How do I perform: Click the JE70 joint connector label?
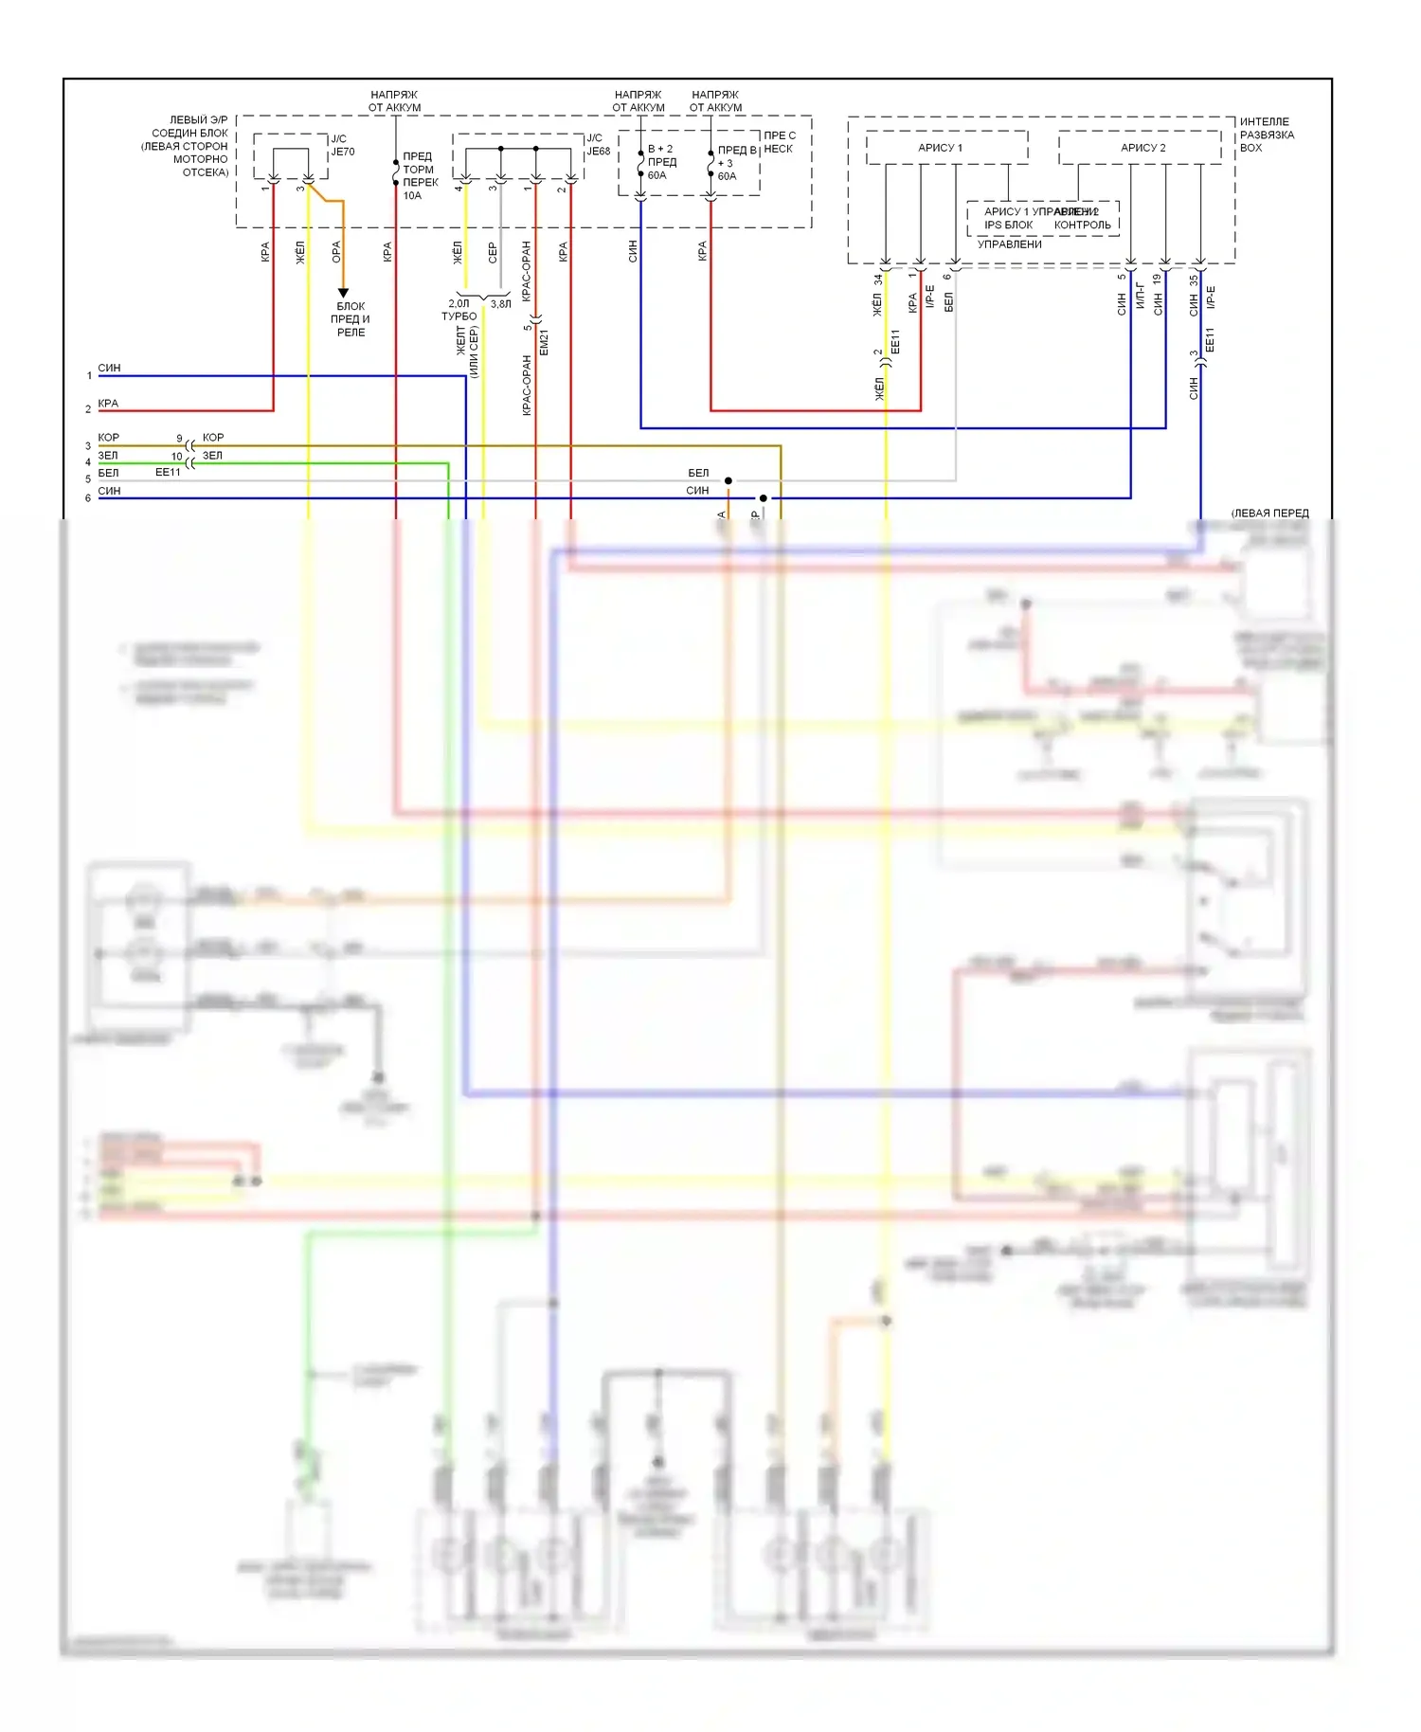click(x=342, y=152)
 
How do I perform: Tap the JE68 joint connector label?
click(x=598, y=152)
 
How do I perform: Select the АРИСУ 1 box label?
click(x=940, y=148)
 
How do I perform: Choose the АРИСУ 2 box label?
click(x=1142, y=148)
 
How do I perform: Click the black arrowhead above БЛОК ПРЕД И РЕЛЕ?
click(x=343, y=293)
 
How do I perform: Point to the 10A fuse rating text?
click(x=412, y=196)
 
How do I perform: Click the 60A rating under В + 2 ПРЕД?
click(x=657, y=175)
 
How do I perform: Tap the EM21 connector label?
click(x=544, y=343)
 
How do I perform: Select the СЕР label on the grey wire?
click(x=493, y=252)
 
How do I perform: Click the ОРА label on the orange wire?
click(x=336, y=252)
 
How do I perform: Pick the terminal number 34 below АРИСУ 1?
click(x=878, y=280)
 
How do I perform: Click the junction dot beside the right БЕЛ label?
click(x=728, y=480)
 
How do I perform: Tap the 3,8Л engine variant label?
click(x=500, y=304)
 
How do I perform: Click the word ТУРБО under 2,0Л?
click(x=459, y=316)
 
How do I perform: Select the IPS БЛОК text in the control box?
click(x=1008, y=226)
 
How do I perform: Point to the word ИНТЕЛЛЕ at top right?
click(x=1264, y=121)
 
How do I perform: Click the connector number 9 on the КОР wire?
click(x=179, y=439)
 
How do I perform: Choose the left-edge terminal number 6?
click(x=88, y=498)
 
